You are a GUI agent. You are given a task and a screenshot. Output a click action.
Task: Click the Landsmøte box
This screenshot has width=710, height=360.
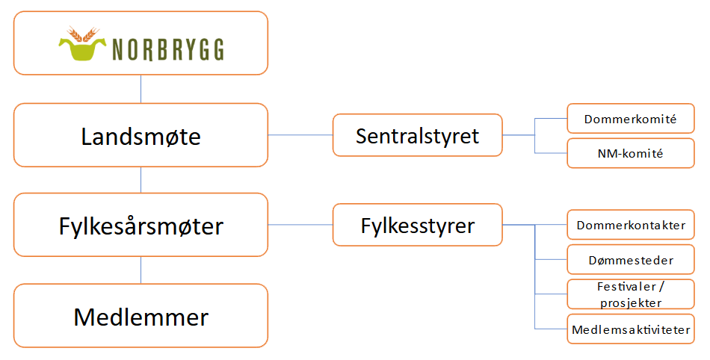(x=141, y=135)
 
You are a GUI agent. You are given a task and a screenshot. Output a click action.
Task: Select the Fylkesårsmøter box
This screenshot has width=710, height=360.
(x=141, y=225)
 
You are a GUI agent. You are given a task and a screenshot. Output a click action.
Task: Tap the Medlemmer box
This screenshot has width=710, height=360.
(x=141, y=316)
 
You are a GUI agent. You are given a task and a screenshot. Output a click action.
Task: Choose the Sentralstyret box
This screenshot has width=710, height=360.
(x=417, y=135)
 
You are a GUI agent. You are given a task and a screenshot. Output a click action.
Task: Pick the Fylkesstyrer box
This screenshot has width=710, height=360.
(x=417, y=225)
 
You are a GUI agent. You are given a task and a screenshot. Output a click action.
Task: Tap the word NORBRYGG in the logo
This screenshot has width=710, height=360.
(x=169, y=50)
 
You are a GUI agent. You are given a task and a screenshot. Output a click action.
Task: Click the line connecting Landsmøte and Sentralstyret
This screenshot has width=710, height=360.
(x=300, y=135)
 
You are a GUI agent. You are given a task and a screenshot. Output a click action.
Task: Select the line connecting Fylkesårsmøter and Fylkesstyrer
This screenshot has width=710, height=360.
(x=300, y=225)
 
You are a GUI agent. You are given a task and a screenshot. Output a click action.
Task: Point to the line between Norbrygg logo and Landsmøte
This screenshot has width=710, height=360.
(x=141, y=89)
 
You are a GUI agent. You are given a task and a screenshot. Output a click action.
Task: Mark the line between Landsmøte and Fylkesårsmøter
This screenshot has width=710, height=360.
(x=141, y=179)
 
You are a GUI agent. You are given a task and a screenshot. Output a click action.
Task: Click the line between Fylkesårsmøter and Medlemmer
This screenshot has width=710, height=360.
(x=141, y=270)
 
